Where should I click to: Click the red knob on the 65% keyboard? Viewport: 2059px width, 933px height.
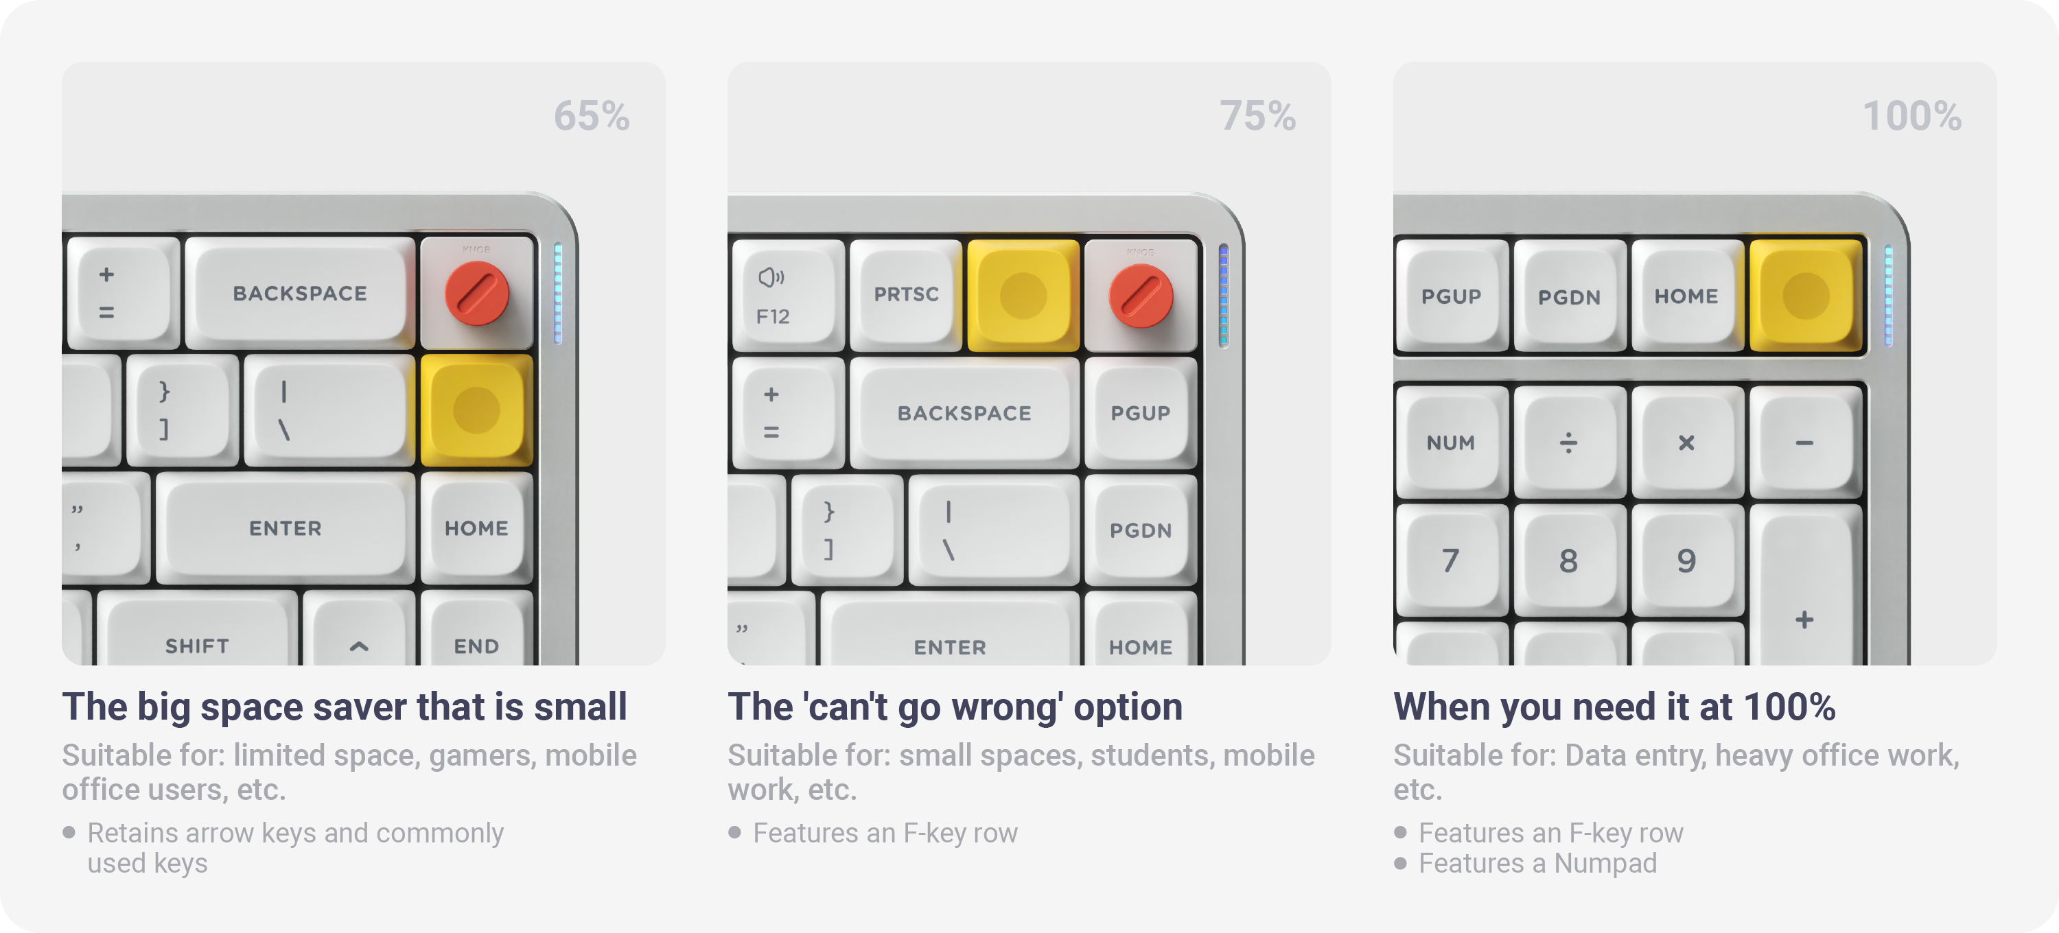click(x=476, y=294)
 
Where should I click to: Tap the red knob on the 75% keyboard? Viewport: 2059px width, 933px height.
click(x=1141, y=296)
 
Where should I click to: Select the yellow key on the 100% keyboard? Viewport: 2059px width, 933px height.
click(x=1806, y=295)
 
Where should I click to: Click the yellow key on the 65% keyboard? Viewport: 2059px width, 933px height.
click(x=476, y=410)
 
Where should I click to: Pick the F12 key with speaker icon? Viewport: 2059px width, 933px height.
click(x=788, y=296)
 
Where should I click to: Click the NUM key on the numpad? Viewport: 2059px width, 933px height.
click(x=1452, y=442)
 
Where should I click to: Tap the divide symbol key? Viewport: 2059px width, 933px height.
click(x=1569, y=442)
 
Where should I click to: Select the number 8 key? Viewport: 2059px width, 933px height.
click(x=1569, y=560)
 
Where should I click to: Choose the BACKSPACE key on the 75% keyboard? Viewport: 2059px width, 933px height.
click(x=965, y=413)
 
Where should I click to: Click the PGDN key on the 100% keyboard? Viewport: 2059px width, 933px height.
click(x=1569, y=296)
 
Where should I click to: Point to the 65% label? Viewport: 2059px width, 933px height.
click(x=592, y=116)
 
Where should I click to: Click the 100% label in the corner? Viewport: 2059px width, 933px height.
click(x=1912, y=116)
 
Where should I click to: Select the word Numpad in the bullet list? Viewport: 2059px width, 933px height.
click(x=1605, y=864)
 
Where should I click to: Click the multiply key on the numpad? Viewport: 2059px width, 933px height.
click(x=1686, y=442)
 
